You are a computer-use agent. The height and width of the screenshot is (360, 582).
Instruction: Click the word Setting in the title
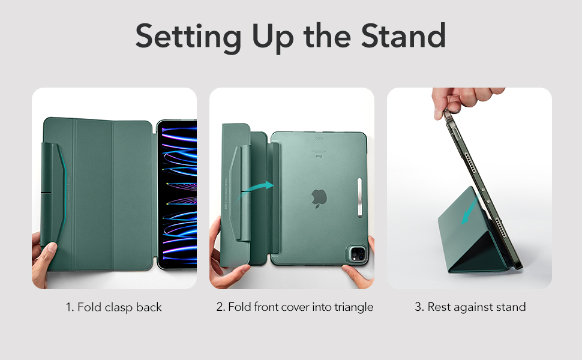(x=188, y=37)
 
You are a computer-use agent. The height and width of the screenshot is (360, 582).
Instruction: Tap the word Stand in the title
(x=403, y=35)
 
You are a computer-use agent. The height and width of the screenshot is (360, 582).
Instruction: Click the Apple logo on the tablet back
(x=319, y=198)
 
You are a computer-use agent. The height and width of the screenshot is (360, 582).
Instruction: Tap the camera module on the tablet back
(x=357, y=254)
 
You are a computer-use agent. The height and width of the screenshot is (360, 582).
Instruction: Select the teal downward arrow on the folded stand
(x=469, y=211)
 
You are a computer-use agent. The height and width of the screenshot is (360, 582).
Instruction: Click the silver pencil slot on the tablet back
(x=359, y=197)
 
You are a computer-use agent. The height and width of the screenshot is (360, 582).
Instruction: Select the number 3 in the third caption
(x=418, y=307)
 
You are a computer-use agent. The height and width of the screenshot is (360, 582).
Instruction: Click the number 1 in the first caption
(x=69, y=307)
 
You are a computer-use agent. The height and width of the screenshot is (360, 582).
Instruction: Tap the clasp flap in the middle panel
(x=240, y=193)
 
